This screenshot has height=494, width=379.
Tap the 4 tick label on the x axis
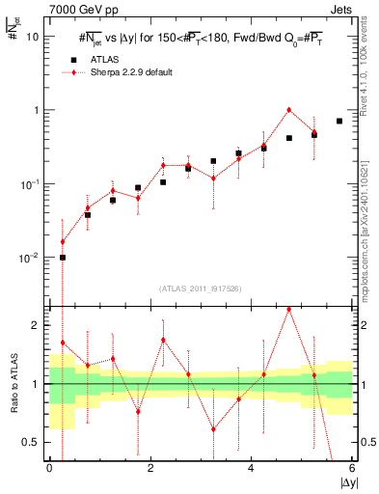click(251, 469)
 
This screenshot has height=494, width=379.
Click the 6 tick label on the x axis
click(351, 469)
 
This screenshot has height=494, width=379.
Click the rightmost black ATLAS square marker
click(339, 121)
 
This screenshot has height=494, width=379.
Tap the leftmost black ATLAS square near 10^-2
click(63, 258)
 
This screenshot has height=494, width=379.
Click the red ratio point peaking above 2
click(289, 310)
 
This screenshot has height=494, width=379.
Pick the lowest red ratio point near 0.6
click(213, 429)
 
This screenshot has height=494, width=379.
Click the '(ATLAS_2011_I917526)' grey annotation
click(201, 289)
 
